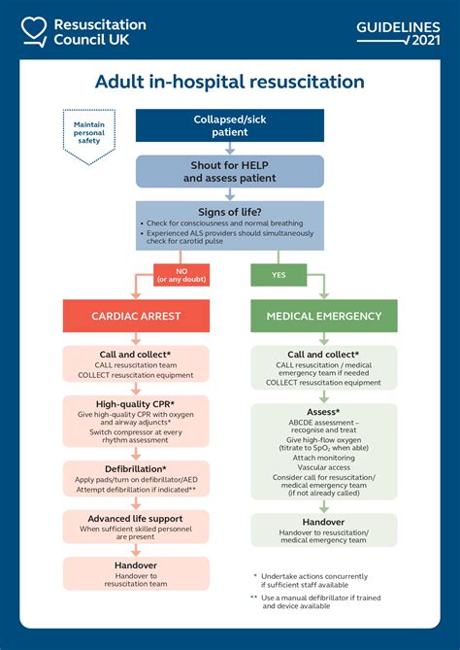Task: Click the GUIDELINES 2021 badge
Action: pos(398,31)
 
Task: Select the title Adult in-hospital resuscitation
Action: pos(230,82)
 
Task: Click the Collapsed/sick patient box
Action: pos(230,125)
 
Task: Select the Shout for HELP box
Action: pos(230,171)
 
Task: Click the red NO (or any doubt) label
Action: pos(181,275)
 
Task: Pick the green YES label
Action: pos(279,275)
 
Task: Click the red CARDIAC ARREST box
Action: pos(136,317)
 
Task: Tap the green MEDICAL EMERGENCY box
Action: pos(324,317)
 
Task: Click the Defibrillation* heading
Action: pos(136,467)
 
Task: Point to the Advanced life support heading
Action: pos(136,518)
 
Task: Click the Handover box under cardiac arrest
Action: pos(136,572)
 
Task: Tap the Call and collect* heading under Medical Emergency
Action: pos(324,355)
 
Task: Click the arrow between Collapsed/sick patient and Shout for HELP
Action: pos(230,149)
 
